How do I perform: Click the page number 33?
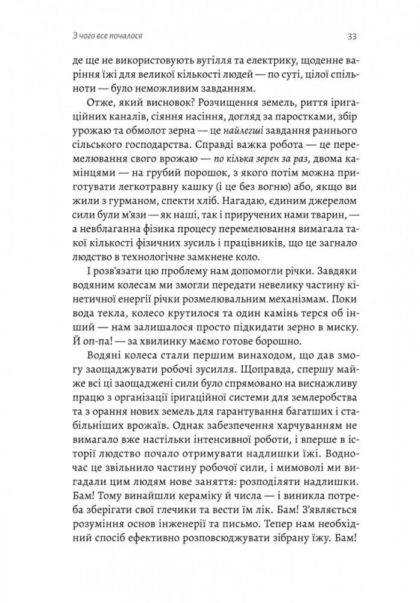[353, 36]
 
